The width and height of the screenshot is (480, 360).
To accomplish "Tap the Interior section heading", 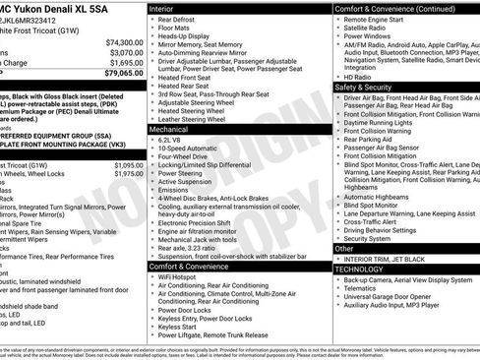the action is (x=163, y=8).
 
